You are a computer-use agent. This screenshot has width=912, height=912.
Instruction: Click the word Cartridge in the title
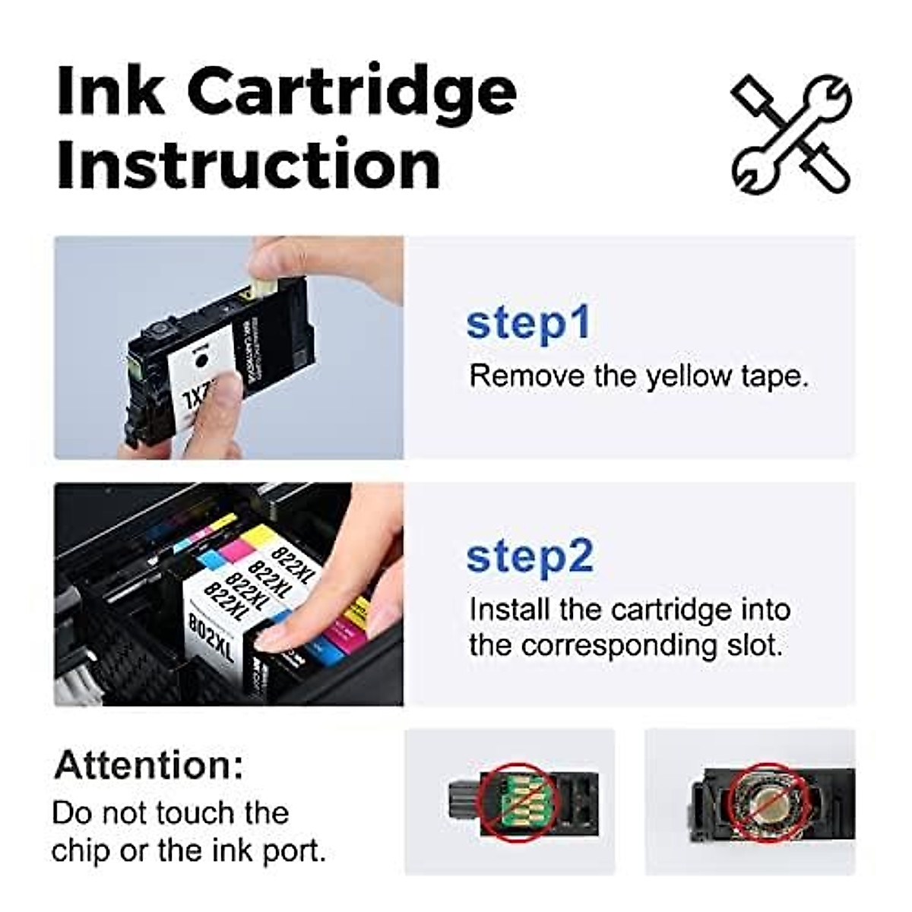tap(352, 91)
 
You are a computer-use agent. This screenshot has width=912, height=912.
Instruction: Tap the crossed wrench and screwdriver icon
tap(791, 133)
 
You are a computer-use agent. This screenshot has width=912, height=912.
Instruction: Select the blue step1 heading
tap(528, 323)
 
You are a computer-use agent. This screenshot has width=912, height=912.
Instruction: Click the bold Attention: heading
tap(149, 765)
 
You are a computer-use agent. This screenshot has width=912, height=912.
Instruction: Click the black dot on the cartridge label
tap(201, 358)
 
